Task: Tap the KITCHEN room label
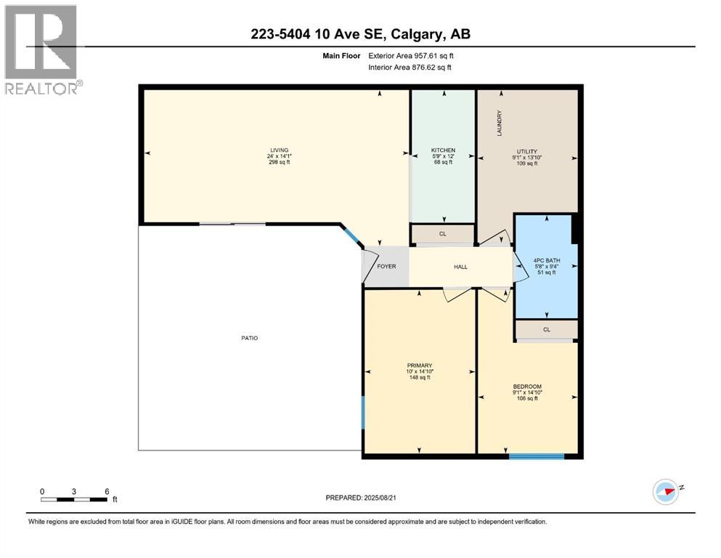pos(443,150)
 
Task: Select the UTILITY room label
pos(526,151)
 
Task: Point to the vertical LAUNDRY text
pos(499,123)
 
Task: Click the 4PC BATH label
pos(545,260)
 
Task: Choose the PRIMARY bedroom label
pos(420,365)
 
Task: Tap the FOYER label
pos(386,267)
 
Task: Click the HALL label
pos(460,267)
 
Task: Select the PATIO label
pos(250,338)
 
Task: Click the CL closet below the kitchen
pos(442,234)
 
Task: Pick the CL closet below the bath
pos(546,329)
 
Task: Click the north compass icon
pos(666,492)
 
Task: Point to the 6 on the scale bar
pos(107,491)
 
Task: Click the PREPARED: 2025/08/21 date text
pos(360,498)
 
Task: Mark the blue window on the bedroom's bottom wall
pos(537,456)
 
